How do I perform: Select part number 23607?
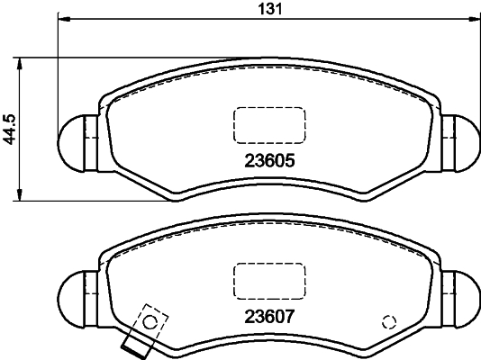(x=270, y=316)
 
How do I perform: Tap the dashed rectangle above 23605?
(x=269, y=123)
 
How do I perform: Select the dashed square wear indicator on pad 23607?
(x=151, y=319)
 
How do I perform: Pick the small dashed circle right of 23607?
(x=389, y=321)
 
